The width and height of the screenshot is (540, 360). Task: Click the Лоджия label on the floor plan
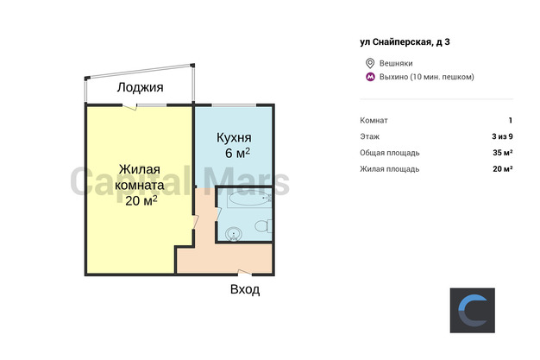pos(140,87)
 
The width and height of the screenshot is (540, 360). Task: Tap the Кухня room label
pos(234,138)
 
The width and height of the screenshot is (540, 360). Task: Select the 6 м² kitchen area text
pos(237,153)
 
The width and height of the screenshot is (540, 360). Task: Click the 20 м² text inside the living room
pos(141,200)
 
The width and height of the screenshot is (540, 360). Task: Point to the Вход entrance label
pos(245,290)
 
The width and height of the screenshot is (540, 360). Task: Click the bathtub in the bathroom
pos(249,199)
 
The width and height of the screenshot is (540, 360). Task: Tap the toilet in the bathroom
pos(263,226)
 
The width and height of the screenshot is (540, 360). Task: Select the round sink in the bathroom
pos(234,234)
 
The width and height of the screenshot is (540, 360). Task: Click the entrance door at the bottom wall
pos(244,273)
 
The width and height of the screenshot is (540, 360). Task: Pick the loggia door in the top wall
pos(130,106)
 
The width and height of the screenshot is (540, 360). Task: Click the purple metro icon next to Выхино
pos(370,77)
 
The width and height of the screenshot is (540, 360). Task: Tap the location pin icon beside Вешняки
pos(370,63)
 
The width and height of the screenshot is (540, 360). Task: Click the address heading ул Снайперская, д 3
pos(405,42)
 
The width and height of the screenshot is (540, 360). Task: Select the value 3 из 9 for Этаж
pos(502,136)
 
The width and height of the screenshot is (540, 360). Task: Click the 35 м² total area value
pos(502,153)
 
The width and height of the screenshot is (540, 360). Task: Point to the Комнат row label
pos(374,120)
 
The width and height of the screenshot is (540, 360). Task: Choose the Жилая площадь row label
pos(390,169)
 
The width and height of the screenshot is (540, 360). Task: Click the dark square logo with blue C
pos(473,310)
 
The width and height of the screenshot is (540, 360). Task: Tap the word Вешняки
pos(396,63)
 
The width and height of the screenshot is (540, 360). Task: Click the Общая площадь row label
pos(390,153)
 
